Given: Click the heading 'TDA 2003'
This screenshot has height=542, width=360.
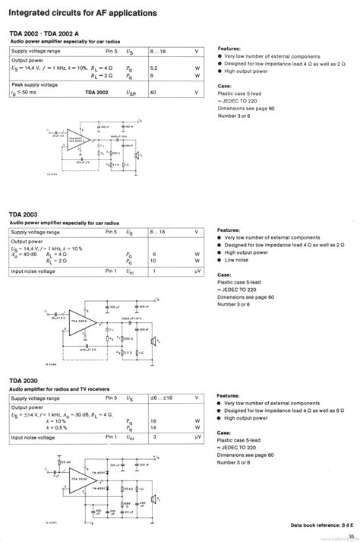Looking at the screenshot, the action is (x=24, y=215).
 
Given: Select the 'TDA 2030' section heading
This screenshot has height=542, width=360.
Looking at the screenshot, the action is (x=24, y=380).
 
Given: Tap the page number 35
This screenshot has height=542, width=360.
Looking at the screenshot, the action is (x=351, y=535).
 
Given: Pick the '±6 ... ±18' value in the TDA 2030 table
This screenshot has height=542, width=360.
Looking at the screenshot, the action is (x=161, y=398).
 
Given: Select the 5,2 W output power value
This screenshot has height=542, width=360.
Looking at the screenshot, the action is (x=153, y=68).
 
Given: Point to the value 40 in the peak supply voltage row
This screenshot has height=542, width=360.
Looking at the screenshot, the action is (x=153, y=91).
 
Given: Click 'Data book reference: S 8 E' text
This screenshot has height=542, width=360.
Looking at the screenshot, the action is (x=321, y=525).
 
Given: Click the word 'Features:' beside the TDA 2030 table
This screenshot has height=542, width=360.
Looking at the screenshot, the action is (x=229, y=395).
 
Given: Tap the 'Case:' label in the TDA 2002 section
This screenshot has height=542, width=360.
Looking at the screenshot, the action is (x=224, y=86).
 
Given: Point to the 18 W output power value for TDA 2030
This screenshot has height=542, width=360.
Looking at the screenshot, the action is (x=154, y=420).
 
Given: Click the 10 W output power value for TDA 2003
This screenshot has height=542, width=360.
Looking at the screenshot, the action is (x=154, y=261).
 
